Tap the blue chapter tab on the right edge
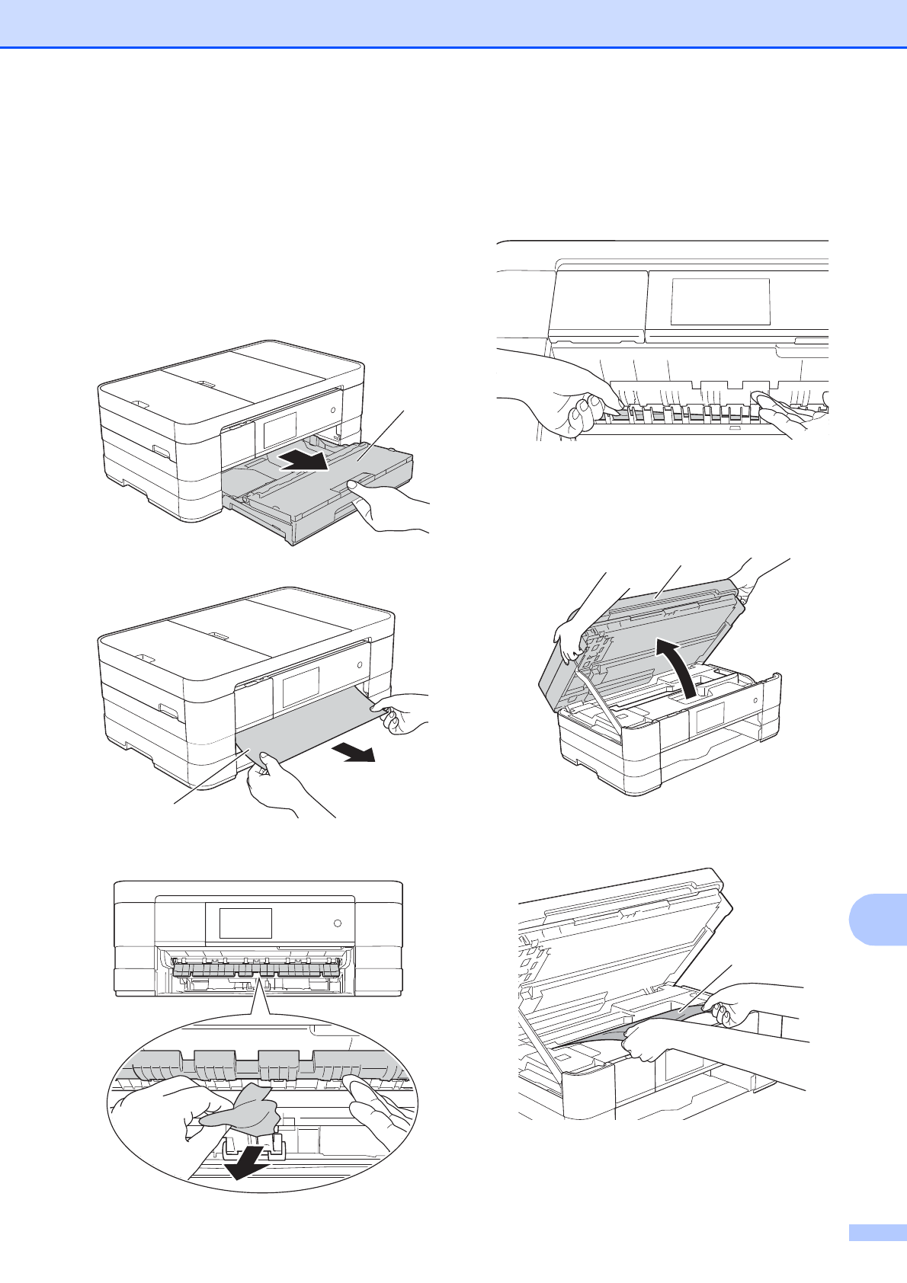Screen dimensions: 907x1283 (877, 920)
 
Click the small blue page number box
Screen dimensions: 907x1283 (877, 1253)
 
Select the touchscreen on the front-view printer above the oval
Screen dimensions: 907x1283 (245, 923)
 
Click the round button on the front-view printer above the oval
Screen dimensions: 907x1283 (338, 923)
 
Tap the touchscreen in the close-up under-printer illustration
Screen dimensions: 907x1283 (720, 302)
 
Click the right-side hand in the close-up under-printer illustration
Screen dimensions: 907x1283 (781, 411)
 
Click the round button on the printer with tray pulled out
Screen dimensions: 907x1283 (334, 410)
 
